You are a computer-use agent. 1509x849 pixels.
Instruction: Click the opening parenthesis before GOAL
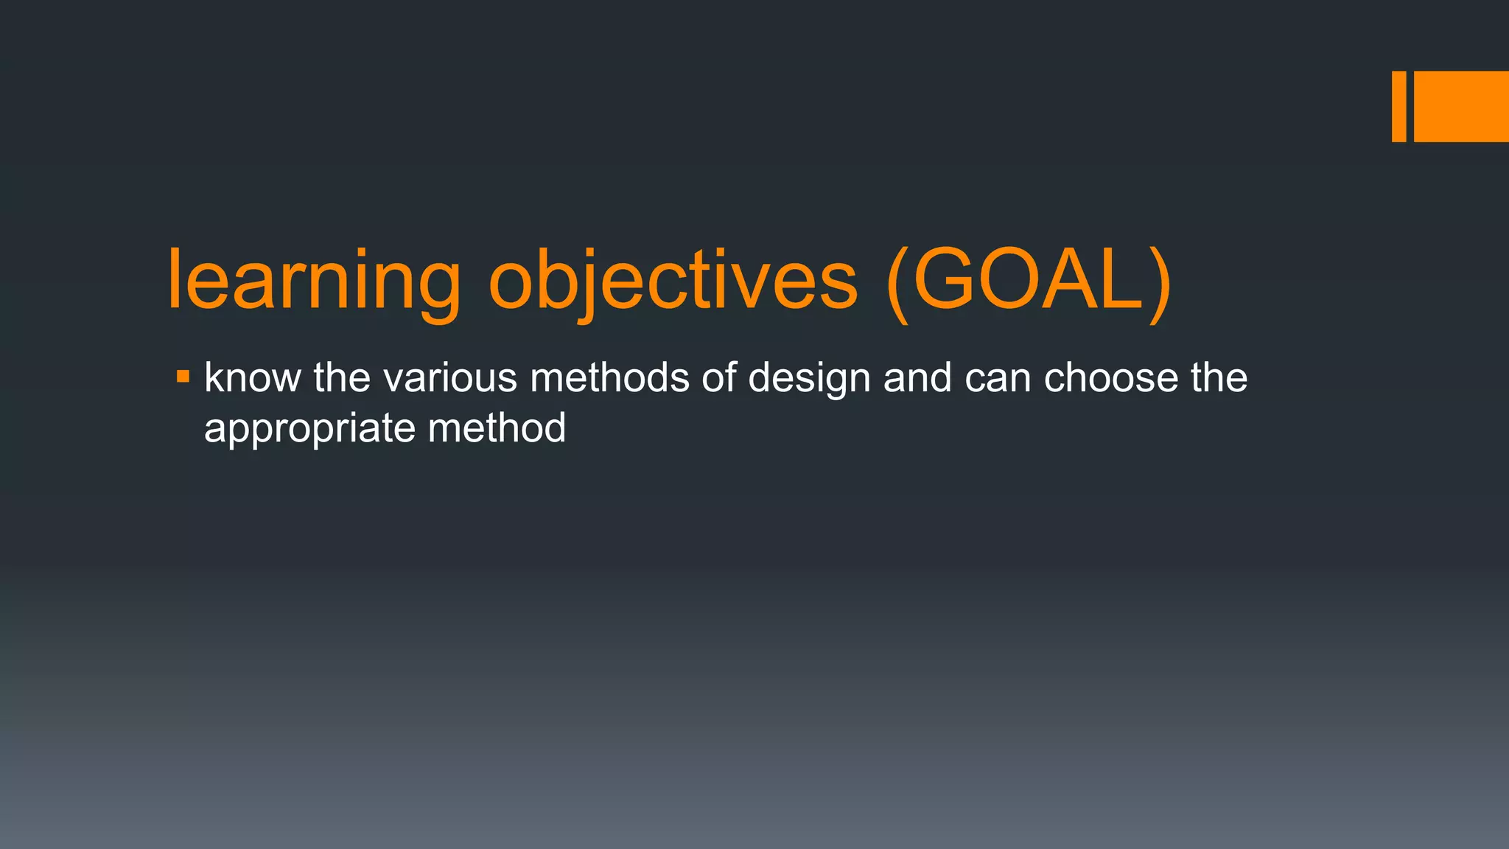pos(898,284)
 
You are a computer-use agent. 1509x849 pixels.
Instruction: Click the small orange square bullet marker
pos(183,378)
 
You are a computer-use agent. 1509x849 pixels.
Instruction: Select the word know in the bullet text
pos(251,377)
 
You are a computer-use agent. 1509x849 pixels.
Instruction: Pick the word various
pos(450,377)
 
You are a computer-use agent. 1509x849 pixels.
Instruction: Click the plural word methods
pos(609,377)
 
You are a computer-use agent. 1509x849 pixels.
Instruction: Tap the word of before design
pos(718,377)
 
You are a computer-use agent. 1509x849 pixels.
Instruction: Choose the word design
pos(809,379)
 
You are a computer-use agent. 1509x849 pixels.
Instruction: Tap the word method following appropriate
pos(497,427)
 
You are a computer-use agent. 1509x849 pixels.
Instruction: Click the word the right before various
pos(341,377)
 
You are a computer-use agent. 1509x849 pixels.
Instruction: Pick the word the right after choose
pos(1219,377)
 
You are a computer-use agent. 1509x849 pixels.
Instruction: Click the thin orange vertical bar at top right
pos(1398,106)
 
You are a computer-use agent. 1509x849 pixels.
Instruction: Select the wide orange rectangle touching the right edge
pos(1461,106)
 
